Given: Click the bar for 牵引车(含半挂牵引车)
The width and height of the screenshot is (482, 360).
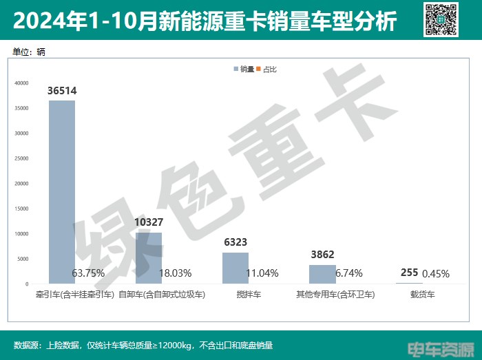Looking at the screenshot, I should pyautogui.click(x=61, y=192).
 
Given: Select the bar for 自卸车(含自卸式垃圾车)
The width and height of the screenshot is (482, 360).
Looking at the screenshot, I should pyautogui.click(x=149, y=258).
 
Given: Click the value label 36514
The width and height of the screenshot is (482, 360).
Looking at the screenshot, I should pyautogui.click(x=62, y=91).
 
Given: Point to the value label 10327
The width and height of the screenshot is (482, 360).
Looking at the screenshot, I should pyautogui.click(x=149, y=222).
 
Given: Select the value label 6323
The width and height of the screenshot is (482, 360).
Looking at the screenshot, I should pyautogui.click(x=235, y=242).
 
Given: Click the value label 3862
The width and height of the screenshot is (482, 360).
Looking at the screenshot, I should pyautogui.click(x=322, y=255).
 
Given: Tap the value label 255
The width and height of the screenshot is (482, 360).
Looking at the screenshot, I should pyautogui.click(x=409, y=273).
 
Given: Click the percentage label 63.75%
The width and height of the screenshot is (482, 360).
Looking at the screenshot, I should pyautogui.click(x=88, y=273).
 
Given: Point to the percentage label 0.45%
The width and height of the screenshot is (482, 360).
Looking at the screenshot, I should pyautogui.click(x=436, y=273).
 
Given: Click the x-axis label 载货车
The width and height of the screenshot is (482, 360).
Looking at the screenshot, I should pyautogui.click(x=410, y=295).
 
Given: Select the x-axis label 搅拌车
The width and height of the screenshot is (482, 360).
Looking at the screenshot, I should pyautogui.click(x=235, y=295).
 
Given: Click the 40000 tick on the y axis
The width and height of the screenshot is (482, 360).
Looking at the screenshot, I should pyautogui.click(x=21, y=83).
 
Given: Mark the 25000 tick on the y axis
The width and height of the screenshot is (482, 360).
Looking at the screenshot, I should pyautogui.click(x=21, y=158).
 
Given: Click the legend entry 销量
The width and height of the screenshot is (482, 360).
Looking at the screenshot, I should pyautogui.click(x=244, y=69).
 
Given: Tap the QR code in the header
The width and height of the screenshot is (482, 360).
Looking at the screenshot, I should pyautogui.click(x=441, y=19).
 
